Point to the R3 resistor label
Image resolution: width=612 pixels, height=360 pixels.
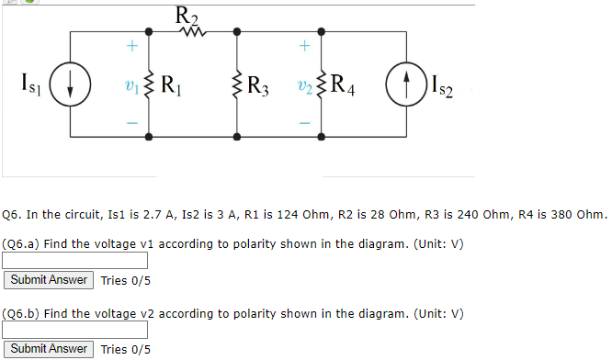pyautogui.click(x=262, y=88)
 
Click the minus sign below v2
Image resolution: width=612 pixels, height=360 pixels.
pyautogui.click(x=305, y=123)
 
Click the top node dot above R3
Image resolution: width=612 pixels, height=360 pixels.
pyautogui.click(x=238, y=33)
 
